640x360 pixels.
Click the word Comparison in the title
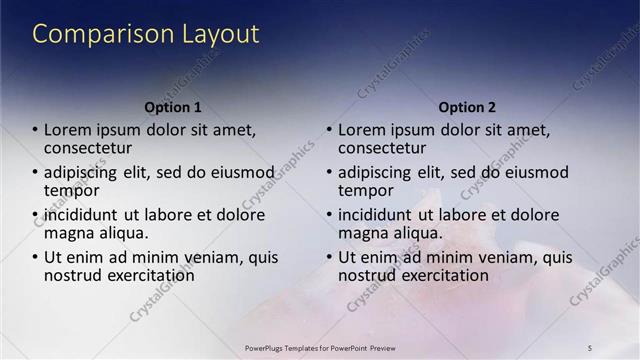[89, 35]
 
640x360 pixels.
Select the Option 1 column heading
[173, 107]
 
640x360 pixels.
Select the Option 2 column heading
[466, 107]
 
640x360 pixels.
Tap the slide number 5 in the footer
[589, 347]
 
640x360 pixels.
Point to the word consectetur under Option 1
[89, 148]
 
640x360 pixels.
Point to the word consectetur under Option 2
[383, 148]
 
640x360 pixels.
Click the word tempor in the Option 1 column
[71, 190]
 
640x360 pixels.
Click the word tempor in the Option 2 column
[365, 190]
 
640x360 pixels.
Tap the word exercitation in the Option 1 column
[152, 275]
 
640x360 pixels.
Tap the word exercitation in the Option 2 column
[446, 275]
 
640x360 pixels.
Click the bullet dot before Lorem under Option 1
[36, 130]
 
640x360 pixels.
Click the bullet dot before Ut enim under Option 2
[329, 258]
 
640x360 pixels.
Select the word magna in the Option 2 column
[362, 233]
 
